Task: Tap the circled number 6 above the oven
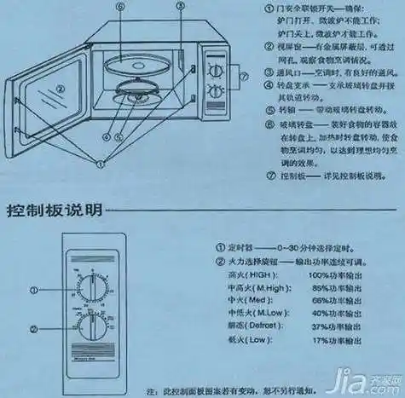(121, 7)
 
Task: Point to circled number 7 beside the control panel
(244, 78)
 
